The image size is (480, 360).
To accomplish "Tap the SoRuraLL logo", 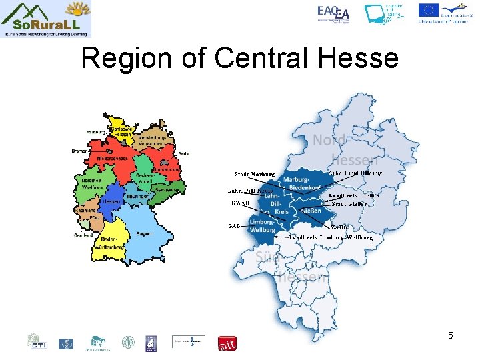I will pyautogui.click(x=46, y=19).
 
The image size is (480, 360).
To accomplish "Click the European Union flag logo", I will pyautogui.click(x=428, y=10).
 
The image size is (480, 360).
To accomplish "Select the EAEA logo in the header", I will pyautogui.click(x=333, y=13).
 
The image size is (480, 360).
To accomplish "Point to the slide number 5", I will pyautogui.click(x=451, y=335).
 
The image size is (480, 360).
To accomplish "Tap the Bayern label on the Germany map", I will pyautogui.click(x=145, y=234).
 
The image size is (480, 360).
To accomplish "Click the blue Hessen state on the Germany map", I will pyautogui.click(x=111, y=199).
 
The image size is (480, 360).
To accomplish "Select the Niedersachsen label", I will pyautogui.click(x=111, y=159).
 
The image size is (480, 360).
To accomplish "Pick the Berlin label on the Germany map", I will pyautogui.click(x=184, y=153).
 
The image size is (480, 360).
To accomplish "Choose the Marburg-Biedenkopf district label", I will pyautogui.click(x=295, y=184).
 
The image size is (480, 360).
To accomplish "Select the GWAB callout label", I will pyautogui.click(x=240, y=203).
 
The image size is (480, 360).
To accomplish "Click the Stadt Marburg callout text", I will pyautogui.click(x=250, y=174).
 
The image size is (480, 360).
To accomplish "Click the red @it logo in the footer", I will pyautogui.click(x=227, y=343).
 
